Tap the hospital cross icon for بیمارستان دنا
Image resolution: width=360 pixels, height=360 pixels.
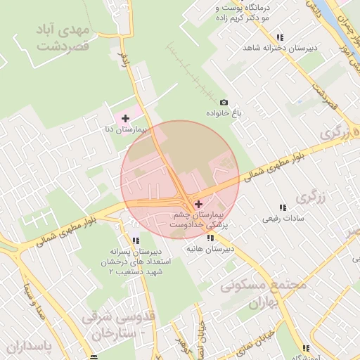click(x=126, y=118)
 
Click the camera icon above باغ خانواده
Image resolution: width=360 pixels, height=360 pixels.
click(x=224, y=103)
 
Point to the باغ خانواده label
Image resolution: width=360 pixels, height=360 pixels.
click(x=224, y=113)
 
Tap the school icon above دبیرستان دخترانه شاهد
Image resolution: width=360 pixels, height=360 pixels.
click(x=280, y=37)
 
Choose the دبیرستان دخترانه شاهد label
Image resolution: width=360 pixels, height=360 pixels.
click(x=278, y=48)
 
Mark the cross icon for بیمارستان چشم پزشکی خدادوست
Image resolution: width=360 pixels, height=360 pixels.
click(x=198, y=203)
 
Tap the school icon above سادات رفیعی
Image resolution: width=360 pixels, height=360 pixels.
click(x=283, y=207)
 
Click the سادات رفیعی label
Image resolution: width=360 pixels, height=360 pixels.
click(x=281, y=219)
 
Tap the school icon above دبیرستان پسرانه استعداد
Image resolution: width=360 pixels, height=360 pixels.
click(x=135, y=240)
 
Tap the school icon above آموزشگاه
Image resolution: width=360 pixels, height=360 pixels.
click(x=306, y=348)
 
